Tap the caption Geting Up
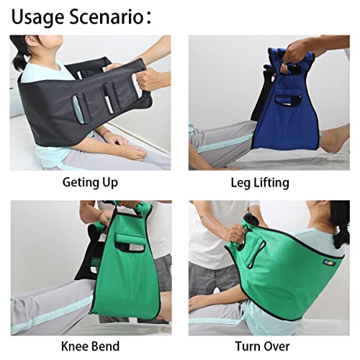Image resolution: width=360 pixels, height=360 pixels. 89,183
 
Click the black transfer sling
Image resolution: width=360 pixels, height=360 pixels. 79,108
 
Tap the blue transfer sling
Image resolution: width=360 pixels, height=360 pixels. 274,108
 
